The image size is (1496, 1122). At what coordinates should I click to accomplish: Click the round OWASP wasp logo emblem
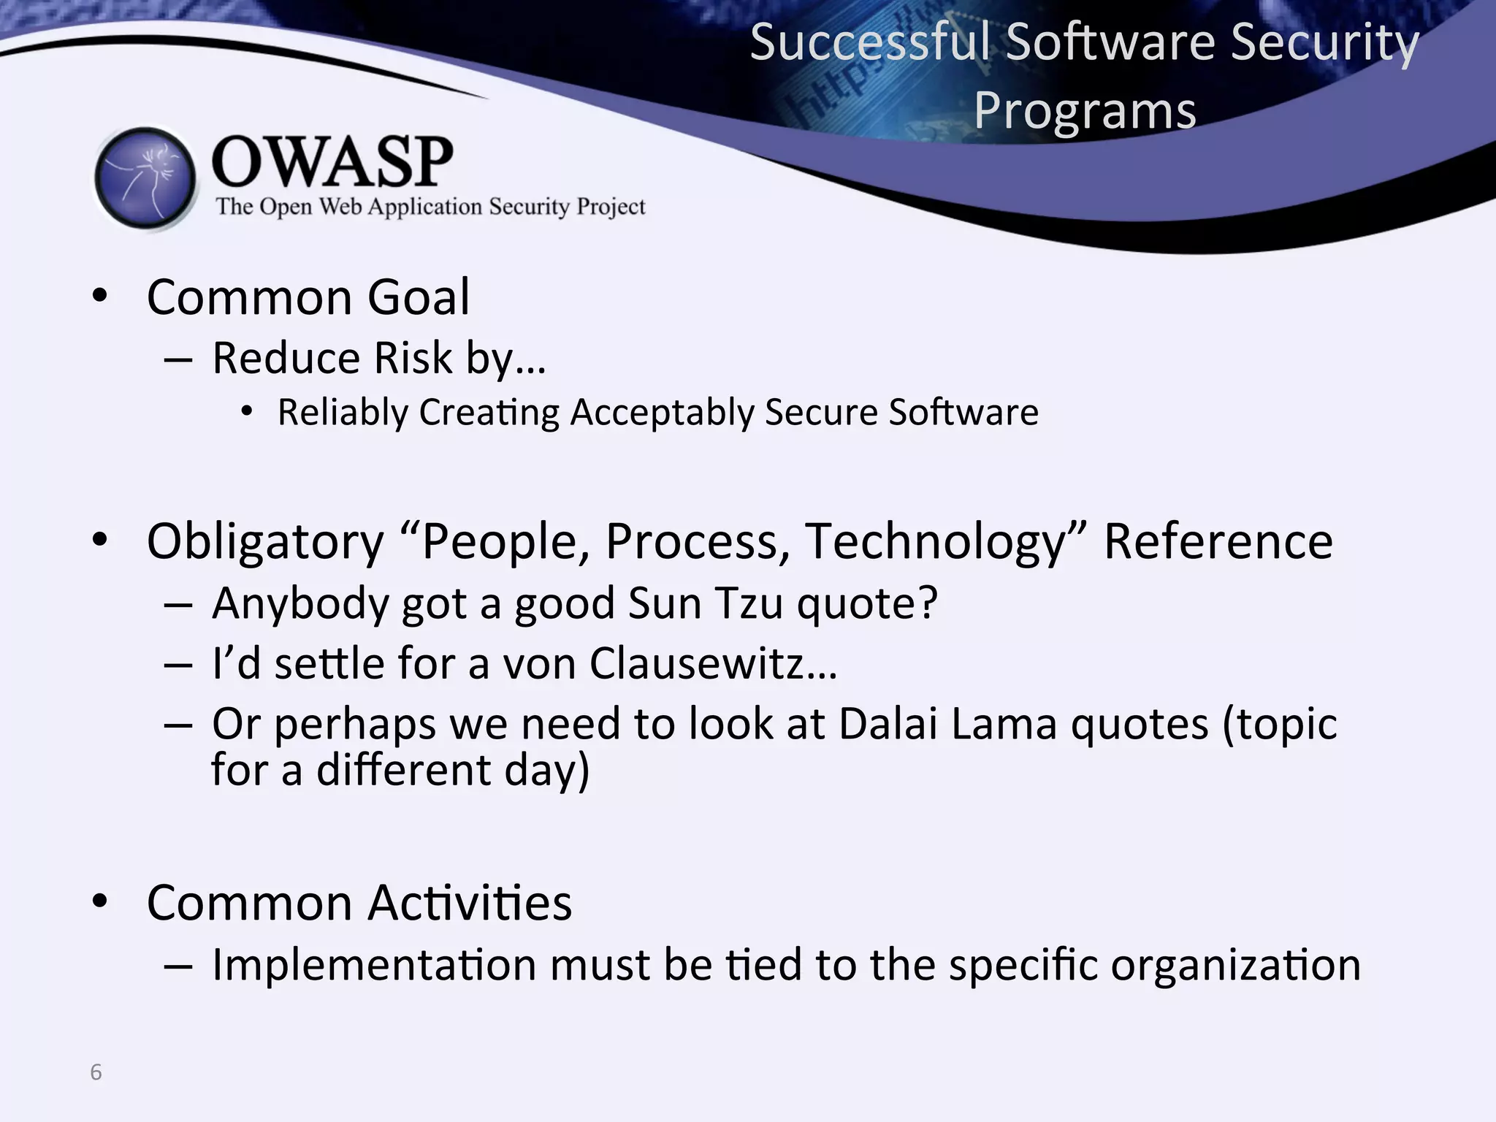pos(146,178)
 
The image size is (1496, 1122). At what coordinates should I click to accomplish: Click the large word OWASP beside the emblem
pos(332,162)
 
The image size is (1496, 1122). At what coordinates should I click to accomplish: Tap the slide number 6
pos(96,1072)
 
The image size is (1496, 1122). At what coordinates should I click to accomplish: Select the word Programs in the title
pos(1085,111)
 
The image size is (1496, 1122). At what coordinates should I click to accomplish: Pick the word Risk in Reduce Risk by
pos(413,358)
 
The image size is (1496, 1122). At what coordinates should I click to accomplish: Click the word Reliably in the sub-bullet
pos(343,413)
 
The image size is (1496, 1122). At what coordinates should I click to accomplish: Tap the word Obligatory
pos(265,542)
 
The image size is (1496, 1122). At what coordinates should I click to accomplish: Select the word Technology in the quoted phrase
pos(936,542)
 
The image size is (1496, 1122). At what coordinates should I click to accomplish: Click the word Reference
pos(1218,542)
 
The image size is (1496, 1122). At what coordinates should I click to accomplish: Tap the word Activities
pos(470,903)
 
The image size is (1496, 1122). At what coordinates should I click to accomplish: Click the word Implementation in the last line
pos(375,964)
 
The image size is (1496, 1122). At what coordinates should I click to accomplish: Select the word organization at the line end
pos(1236,966)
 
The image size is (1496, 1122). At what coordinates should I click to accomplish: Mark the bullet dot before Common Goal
pos(100,297)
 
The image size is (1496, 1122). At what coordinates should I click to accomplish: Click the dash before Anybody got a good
pos(178,605)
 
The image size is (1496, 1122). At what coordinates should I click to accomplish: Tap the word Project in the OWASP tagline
pos(611,207)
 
